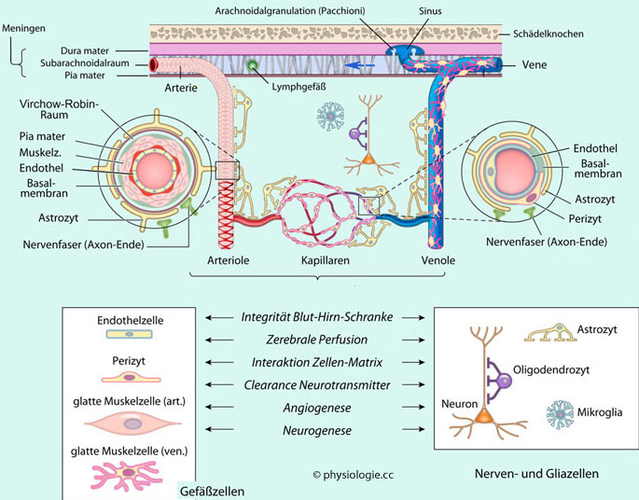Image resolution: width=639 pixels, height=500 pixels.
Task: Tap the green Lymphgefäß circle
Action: point(253,66)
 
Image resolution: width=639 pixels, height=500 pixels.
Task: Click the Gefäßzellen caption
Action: point(212,491)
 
